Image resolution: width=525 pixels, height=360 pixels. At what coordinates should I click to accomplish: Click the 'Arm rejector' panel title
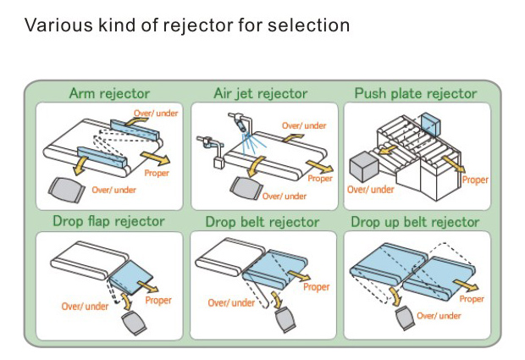click(109, 93)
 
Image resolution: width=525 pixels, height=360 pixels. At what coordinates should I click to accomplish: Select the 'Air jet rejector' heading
click(261, 94)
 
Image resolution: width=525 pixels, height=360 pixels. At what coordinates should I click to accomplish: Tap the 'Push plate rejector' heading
click(416, 93)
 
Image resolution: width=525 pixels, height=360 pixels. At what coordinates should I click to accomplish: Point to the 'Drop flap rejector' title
click(109, 221)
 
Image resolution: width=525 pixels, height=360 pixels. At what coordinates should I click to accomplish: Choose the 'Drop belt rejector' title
click(262, 222)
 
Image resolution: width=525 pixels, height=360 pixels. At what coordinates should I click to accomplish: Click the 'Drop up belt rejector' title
click(415, 222)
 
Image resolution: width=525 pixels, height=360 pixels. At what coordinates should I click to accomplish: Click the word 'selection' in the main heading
click(309, 25)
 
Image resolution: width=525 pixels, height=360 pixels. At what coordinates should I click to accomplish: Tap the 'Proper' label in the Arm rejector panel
click(157, 173)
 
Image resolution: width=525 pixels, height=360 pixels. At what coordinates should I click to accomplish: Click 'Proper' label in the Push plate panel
click(475, 180)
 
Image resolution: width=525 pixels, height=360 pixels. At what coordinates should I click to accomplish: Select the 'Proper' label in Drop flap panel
click(158, 301)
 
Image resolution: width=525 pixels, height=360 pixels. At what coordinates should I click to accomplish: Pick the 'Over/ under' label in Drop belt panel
click(231, 303)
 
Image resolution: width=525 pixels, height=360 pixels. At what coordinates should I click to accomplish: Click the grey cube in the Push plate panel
click(364, 167)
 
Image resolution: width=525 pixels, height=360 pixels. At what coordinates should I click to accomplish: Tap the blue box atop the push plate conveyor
click(431, 125)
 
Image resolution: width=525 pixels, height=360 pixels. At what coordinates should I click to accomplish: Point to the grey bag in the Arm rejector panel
click(65, 189)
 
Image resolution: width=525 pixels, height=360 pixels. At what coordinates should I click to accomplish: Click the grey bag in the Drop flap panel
click(134, 323)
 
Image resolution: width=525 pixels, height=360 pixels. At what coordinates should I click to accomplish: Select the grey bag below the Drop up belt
click(406, 318)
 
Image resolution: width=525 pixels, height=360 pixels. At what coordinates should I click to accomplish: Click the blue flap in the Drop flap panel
click(130, 277)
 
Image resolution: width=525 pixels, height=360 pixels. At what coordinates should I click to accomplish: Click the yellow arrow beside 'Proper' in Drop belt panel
click(299, 275)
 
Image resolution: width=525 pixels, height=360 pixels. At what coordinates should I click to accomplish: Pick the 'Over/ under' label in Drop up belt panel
click(439, 316)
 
